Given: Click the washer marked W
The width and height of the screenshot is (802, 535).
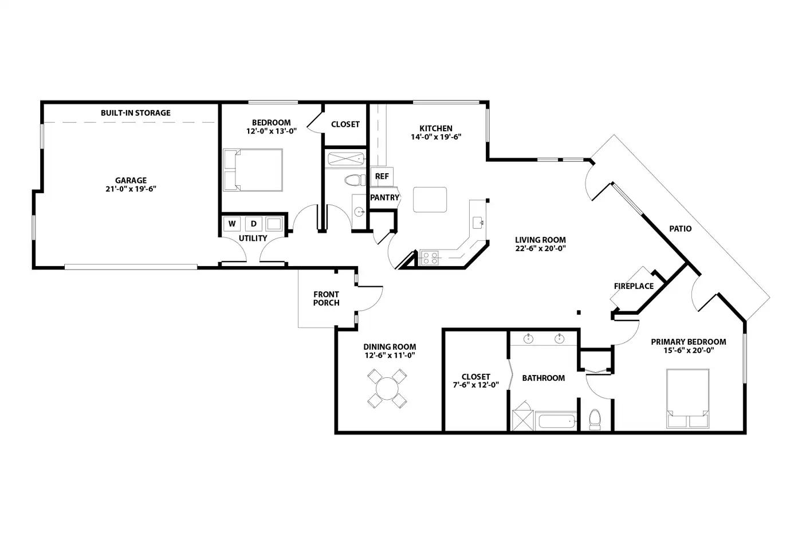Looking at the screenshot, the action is pos(231,224).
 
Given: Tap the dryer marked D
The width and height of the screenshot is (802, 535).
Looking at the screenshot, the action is pos(253,224).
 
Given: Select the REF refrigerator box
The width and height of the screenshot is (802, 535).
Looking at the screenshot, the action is pos(382,176).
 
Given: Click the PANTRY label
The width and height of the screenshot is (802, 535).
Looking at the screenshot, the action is pos(384,197).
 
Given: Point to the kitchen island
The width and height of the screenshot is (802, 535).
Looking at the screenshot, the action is pos(430,200).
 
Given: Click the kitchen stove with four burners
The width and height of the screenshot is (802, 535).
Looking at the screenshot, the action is pos(430,258).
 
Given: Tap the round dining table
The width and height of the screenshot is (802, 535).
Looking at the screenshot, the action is pos(387,389).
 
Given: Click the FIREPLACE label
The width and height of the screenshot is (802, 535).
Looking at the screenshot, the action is pos(634,286).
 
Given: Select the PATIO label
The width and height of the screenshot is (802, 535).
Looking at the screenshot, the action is pos(681,229).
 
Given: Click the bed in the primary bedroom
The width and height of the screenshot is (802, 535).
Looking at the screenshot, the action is pos(687,399).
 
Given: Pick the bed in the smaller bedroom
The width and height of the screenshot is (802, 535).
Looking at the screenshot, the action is pos(253,170).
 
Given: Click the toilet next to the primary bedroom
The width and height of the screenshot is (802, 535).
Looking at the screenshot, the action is pos(595,419).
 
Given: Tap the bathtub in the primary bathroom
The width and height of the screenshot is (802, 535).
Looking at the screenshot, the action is pos(557,421).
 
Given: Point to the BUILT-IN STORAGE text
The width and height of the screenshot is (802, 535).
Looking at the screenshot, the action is pos(136,113).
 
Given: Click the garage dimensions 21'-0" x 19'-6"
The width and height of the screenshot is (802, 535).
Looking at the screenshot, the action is pos(131,189).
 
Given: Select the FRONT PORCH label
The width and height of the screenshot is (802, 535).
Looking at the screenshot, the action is pos(326,299).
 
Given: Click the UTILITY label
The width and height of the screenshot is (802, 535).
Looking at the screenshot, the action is pos(253,239).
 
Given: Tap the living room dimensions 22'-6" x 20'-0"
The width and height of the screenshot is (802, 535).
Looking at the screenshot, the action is pos(540,248).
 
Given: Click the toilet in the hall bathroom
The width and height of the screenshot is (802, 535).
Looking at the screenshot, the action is pos(355,180).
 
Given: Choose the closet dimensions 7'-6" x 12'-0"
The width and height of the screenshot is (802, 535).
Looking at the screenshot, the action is pos(476,385).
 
